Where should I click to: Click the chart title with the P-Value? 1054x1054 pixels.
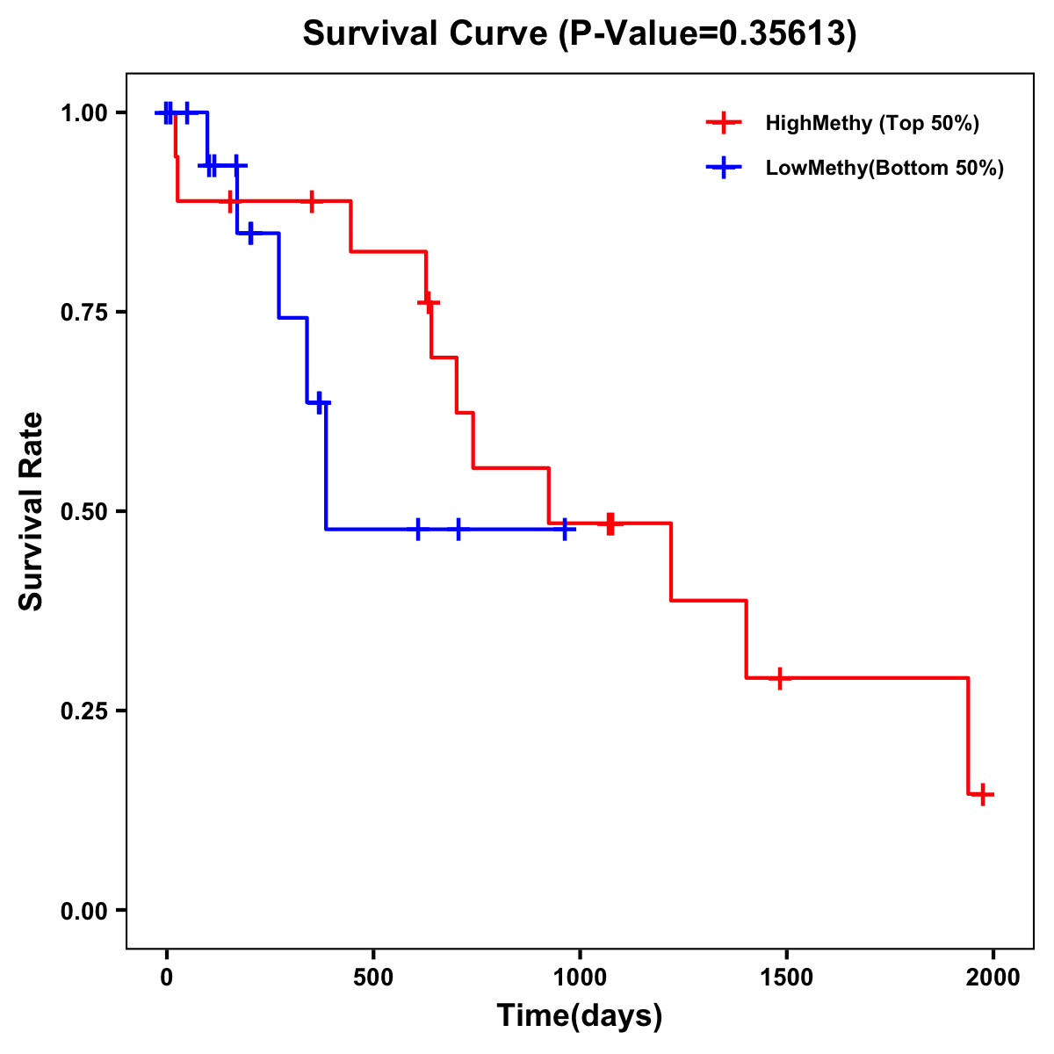[x=580, y=33]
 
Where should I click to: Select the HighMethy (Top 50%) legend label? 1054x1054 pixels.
[x=872, y=123]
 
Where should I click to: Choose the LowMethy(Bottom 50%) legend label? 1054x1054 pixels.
[x=884, y=168]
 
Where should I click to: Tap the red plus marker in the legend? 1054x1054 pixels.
[x=723, y=123]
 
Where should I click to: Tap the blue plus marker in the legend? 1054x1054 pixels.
[x=723, y=168]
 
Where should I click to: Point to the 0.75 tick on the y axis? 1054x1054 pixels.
[x=83, y=312]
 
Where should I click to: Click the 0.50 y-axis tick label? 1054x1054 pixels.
[x=83, y=511]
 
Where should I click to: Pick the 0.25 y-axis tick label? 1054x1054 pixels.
[x=83, y=711]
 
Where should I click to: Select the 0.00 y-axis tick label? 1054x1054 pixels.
[x=83, y=910]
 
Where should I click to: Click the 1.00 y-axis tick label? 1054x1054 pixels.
[x=83, y=112]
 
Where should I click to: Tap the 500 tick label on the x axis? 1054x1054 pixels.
[x=373, y=978]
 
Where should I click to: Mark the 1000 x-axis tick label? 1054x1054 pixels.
[x=580, y=978]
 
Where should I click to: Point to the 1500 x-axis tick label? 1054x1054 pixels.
[x=786, y=978]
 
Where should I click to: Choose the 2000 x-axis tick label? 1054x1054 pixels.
[x=993, y=978]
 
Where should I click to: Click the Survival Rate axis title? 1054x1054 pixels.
[x=32, y=511]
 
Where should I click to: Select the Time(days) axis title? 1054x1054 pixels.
[x=580, y=1016]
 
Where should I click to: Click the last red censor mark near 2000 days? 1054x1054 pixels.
[x=984, y=794]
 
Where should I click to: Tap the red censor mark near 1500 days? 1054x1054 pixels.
[x=779, y=678]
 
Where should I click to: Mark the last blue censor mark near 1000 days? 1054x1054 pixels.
[x=565, y=530]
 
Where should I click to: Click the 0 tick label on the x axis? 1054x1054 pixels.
[x=166, y=978]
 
